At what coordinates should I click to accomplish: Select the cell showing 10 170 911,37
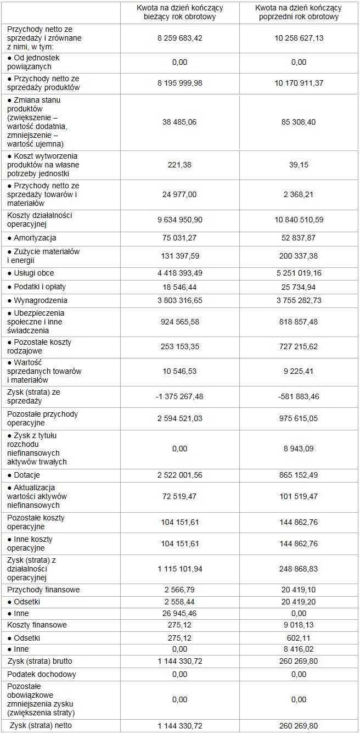pyautogui.click(x=299, y=83)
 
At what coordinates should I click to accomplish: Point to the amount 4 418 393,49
pyautogui.click(x=179, y=273)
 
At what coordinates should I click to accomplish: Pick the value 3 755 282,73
pyautogui.click(x=299, y=300)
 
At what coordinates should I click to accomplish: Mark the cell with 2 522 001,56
pyautogui.click(x=179, y=475)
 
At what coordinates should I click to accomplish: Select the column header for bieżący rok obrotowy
pyautogui.click(x=179, y=12)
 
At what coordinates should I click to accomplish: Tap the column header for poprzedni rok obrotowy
pyautogui.click(x=299, y=12)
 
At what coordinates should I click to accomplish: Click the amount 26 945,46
pyautogui.click(x=179, y=613)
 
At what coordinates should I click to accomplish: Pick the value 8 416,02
pyautogui.click(x=299, y=649)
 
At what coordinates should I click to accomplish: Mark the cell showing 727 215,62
pyautogui.click(x=299, y=346)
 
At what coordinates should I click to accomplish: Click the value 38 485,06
pyautogui.click(x=179, y=122)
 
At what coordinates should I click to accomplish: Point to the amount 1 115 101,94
pyautogui.click(x=179, y=569)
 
